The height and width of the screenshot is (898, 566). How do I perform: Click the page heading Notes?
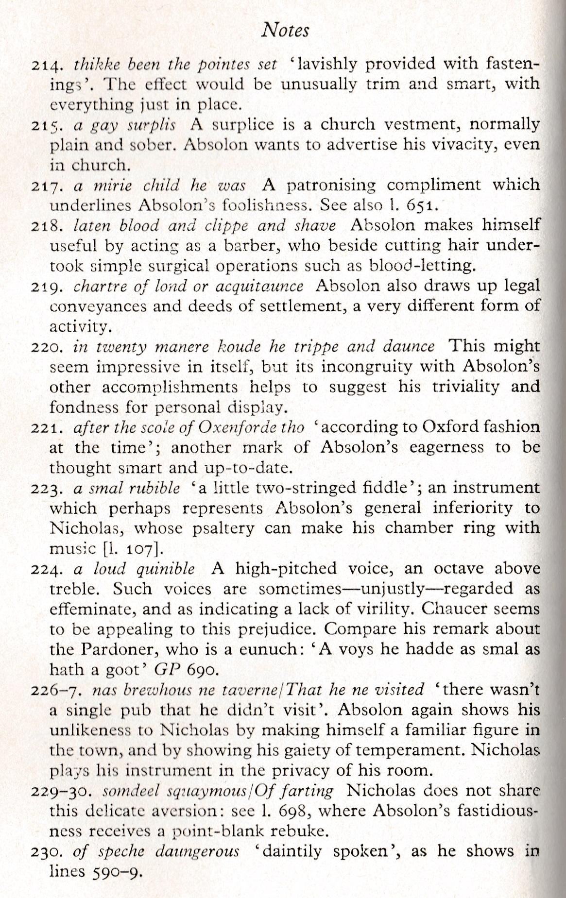pyautogui.click(x=285, y=31)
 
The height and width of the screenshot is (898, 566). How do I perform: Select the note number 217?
pyautogui.click(x=47, y=186)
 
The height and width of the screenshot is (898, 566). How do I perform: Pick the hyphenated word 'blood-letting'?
pyautogui.click(x=421, y=266)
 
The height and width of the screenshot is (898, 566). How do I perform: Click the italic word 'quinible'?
pyautogui.click(x=166, y=569)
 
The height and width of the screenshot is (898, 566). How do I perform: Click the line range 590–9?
pyautogui.click(x=116, y=872)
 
